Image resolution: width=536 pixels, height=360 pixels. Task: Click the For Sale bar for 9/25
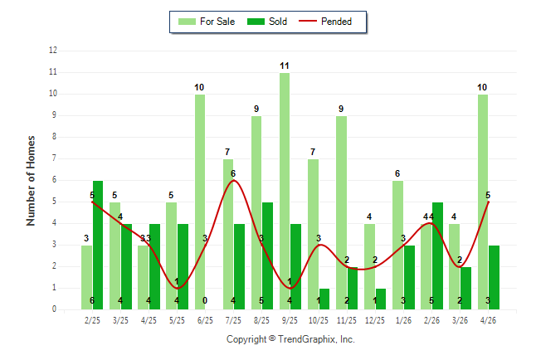tap(285, 191)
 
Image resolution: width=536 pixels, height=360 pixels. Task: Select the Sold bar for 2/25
tap(98, 246)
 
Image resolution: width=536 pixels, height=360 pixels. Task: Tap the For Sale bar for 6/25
tap(200, 202)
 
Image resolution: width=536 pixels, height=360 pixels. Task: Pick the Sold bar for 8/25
tap(267, 255)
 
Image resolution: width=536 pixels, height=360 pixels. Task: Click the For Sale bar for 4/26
tap(483, 202)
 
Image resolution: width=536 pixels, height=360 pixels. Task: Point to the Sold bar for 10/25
tap(324, 299)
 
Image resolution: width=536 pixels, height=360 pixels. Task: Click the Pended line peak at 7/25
tap(233, 181)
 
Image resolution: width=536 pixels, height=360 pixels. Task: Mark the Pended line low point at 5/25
tap(177, 288)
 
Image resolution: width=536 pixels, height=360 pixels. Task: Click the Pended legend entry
tap(325, 22)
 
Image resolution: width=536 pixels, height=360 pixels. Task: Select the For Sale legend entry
tap(207, 22)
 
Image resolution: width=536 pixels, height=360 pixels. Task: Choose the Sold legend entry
tap(267, 22)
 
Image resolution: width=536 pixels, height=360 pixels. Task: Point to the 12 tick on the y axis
tap(53, 51)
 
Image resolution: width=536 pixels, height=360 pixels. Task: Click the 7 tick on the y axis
tap(54, 158)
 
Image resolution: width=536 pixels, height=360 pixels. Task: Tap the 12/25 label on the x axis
tap(375, 320)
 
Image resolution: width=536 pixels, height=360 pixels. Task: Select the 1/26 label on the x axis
tap(403, 320)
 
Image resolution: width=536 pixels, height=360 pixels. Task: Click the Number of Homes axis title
tap(31, 181)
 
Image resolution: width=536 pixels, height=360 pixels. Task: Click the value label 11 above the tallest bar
tap(285, 66)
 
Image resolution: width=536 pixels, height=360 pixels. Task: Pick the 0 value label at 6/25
tap(205, 300)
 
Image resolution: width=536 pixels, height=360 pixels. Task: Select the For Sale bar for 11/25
tap(341, 212)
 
